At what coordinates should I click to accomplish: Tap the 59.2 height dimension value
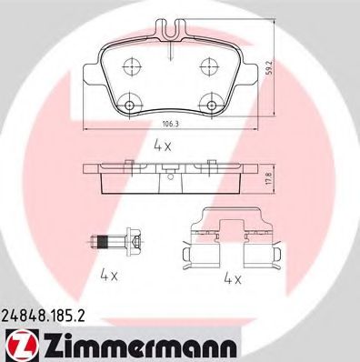click(x=295, y=68)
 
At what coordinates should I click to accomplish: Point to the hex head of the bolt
click(x=134, y=241)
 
